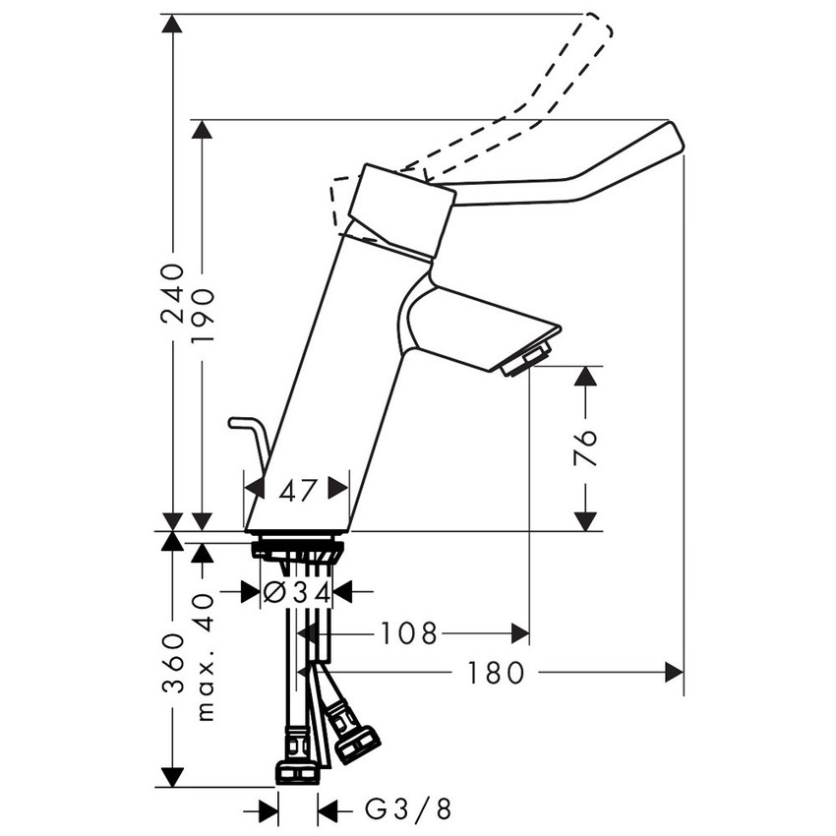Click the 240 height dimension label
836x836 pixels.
[173, 292]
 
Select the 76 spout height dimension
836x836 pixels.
[585, 448]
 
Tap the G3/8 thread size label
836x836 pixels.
[408, 810]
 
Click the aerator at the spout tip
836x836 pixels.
[526, 361]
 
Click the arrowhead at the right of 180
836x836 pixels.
[674, 673]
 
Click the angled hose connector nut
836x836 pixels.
[356, 743]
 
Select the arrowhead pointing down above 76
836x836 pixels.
[585, 378]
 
